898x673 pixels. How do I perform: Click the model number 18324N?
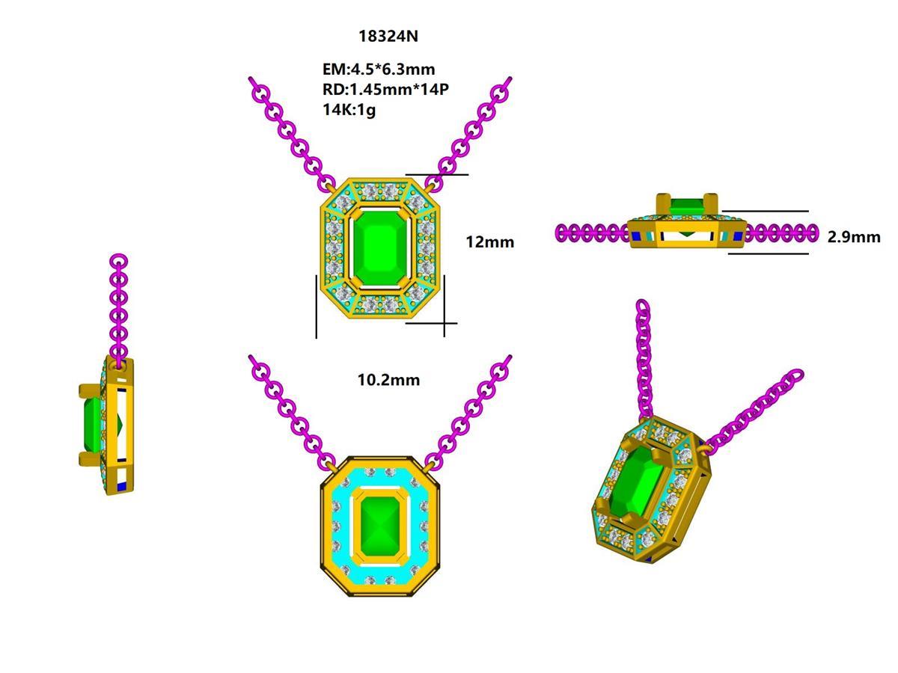(383, 36)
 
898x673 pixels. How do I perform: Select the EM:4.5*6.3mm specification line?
(379, 70)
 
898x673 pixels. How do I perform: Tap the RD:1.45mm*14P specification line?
(385, 90)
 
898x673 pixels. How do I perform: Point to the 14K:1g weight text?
(349, 110)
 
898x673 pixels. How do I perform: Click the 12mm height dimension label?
(489, 242)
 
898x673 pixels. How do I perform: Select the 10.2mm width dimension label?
(388, 380)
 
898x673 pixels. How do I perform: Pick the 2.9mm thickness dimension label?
(854, 237)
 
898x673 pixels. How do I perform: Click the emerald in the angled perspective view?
(635, 485)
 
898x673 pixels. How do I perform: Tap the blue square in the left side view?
(122, 486)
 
